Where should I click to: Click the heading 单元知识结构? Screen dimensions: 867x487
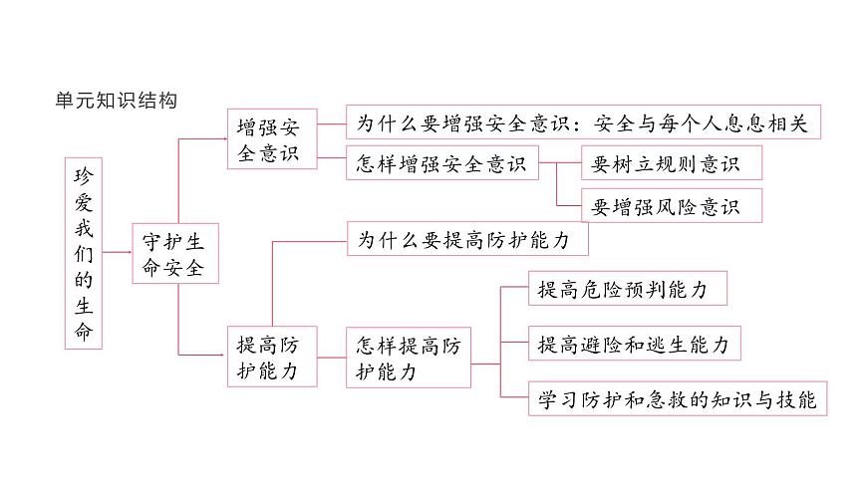117,100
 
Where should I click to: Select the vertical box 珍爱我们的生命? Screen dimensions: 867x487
84,253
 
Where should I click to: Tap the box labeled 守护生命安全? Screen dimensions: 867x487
175,254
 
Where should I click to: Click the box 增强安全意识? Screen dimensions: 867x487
272,138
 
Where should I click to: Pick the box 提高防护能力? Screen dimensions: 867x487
272,357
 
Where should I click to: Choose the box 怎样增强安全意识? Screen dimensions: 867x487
442,163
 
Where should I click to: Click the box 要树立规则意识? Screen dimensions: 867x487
672,163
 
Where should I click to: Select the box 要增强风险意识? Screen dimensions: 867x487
672,205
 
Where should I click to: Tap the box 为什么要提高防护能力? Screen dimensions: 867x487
467,239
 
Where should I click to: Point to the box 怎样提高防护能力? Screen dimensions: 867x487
409,358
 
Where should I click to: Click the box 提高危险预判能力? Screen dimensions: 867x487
628,288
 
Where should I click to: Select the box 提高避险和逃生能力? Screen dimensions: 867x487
634,344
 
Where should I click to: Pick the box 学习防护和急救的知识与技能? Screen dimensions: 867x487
678,398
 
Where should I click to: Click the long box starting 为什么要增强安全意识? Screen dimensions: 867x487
583,122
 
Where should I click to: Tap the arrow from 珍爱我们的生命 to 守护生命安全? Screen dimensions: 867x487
118,252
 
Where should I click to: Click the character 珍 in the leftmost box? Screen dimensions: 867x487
84,176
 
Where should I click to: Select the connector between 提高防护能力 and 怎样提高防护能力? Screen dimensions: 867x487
332,358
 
